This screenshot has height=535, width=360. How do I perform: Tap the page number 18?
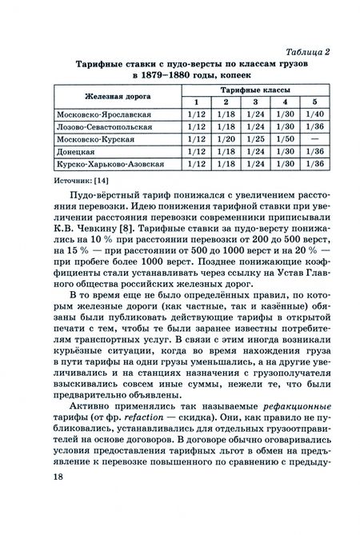tap(38, 500)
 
